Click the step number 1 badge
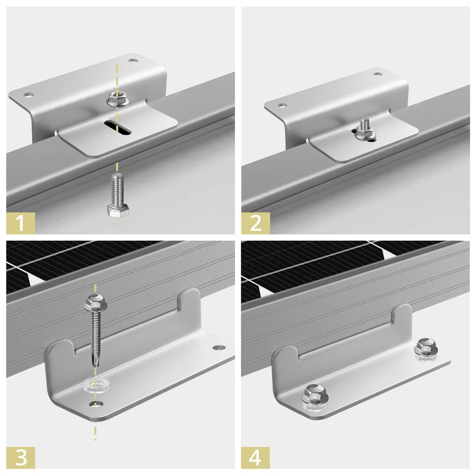tap(21, 223)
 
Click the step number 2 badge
tap(256, 223)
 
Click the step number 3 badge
tap(21, 458)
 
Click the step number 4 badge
tap(256, 458)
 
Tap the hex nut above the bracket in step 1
tap(117, 99)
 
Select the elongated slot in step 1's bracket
tap(117, 127)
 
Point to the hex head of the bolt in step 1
tap(118, 210)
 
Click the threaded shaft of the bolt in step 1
tap(117, 189)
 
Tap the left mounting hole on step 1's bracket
tap(29, 95)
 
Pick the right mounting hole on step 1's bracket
tap(132, 61)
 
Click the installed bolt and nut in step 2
tap(364, 130)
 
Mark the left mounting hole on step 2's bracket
tap(283, 105)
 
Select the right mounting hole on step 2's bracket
tap(377, 74)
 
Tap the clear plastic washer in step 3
tap(96, 384)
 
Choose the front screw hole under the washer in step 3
tap(96, 404)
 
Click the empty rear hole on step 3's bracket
tap(219, 347)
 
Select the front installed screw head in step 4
tap(315, 395)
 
